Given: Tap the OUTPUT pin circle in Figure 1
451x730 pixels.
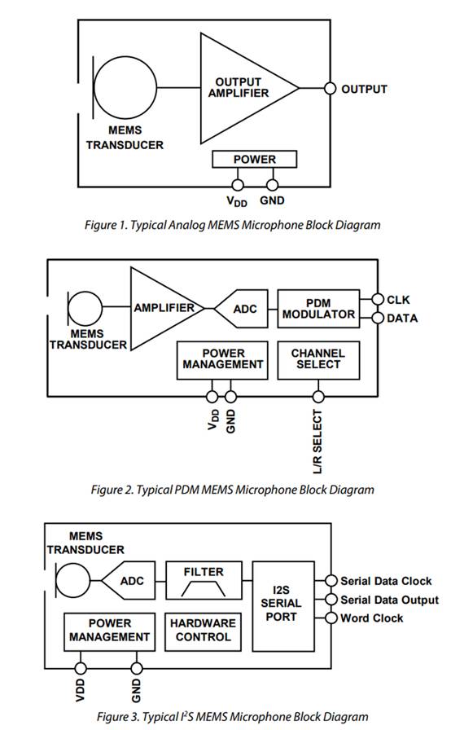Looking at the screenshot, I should (x=330, y=89).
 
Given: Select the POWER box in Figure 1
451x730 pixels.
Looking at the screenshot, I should (x=254, y=160).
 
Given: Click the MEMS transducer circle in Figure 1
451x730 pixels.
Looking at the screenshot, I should (x=125, y=89).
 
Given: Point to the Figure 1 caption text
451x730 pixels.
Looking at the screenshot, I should (x=233, y=224).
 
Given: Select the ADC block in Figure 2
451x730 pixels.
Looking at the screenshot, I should (x=243, y=310).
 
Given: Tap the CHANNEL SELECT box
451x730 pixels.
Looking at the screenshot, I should (x=317, y=359).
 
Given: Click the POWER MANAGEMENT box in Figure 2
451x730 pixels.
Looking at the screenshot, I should (x=221, y=359).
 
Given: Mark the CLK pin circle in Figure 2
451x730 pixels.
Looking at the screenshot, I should (x=377, y=300).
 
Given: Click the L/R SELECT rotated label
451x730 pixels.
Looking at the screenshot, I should (x=318, y=442).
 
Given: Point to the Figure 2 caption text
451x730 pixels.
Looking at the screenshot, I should (x=233, y=490).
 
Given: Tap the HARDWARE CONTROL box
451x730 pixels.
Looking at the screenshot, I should (x=203, y=629).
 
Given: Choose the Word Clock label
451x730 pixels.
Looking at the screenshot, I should (x=371, y=618).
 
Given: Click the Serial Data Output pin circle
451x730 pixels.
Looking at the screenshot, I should (x=330, y=600).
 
